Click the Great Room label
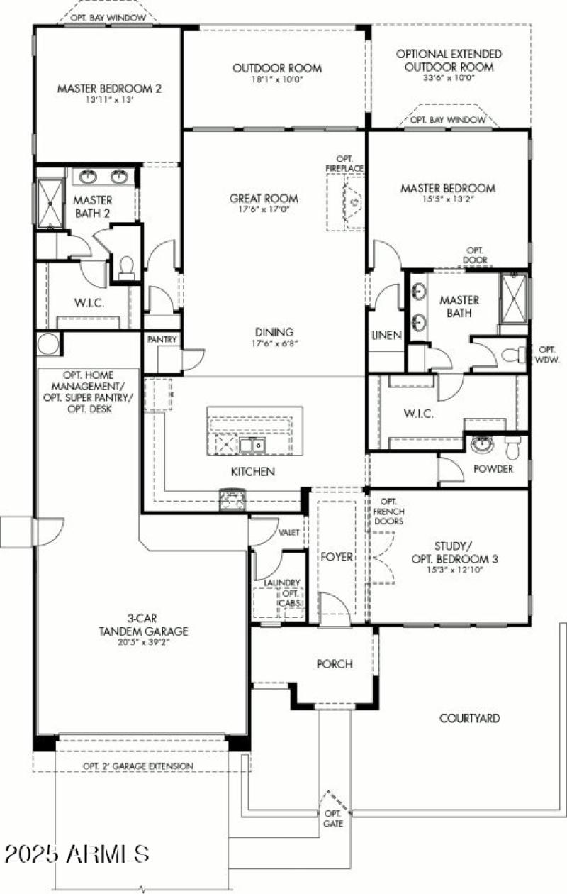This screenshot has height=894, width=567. [264, 199]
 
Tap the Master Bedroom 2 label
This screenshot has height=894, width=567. [110, 89]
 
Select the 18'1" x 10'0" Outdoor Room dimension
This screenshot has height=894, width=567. [277, 79]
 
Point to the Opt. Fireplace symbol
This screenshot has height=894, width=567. [352, 202]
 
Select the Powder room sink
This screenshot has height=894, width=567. [483, 446]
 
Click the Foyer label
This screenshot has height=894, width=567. [337, 557]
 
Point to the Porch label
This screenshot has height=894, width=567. [335, 663]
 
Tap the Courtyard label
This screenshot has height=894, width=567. [469, 718]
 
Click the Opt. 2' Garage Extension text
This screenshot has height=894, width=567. [137, 766]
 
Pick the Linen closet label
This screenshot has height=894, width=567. [386, 335]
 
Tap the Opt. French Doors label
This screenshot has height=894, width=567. [391, 511]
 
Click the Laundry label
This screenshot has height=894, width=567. [282, 583]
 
